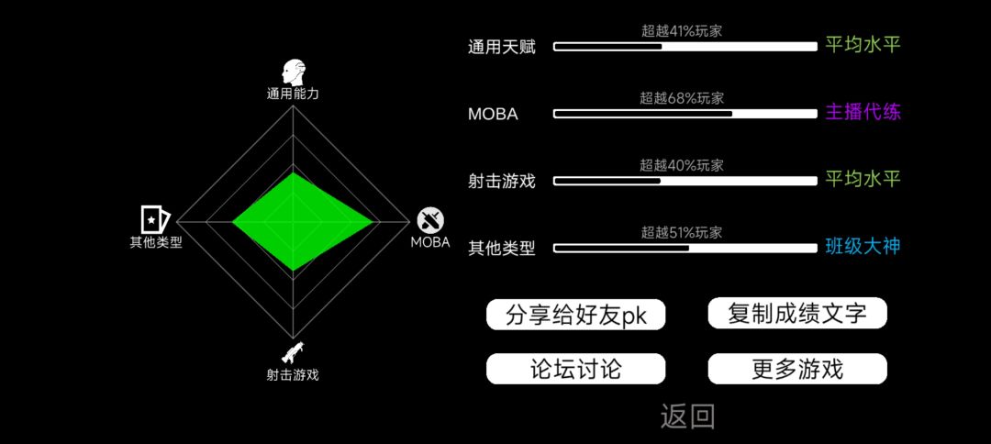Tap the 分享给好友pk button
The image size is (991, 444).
coord(575,315)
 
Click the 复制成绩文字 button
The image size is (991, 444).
coord(797,313)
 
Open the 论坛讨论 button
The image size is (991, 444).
coord(575,369)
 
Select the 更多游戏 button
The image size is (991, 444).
coord(797,369)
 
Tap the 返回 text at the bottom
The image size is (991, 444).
coord(687,416)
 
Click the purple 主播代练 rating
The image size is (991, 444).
coord(863,113)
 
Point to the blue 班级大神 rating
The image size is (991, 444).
coord(863,247)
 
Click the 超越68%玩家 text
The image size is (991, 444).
coord(681,98)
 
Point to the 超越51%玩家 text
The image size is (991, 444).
coord(681,232)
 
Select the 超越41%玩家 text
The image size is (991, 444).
coord(681,31)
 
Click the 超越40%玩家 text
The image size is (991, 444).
coord(681,165)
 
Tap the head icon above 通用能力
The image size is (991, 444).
coord(294,73)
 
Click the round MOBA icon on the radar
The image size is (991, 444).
coord(429,220)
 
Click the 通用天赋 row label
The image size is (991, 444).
coord(502,48)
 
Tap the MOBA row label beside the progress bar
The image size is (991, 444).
coord(493,115)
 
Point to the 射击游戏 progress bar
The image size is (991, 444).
coord(685,182)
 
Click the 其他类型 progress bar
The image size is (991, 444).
coord(685,249)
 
